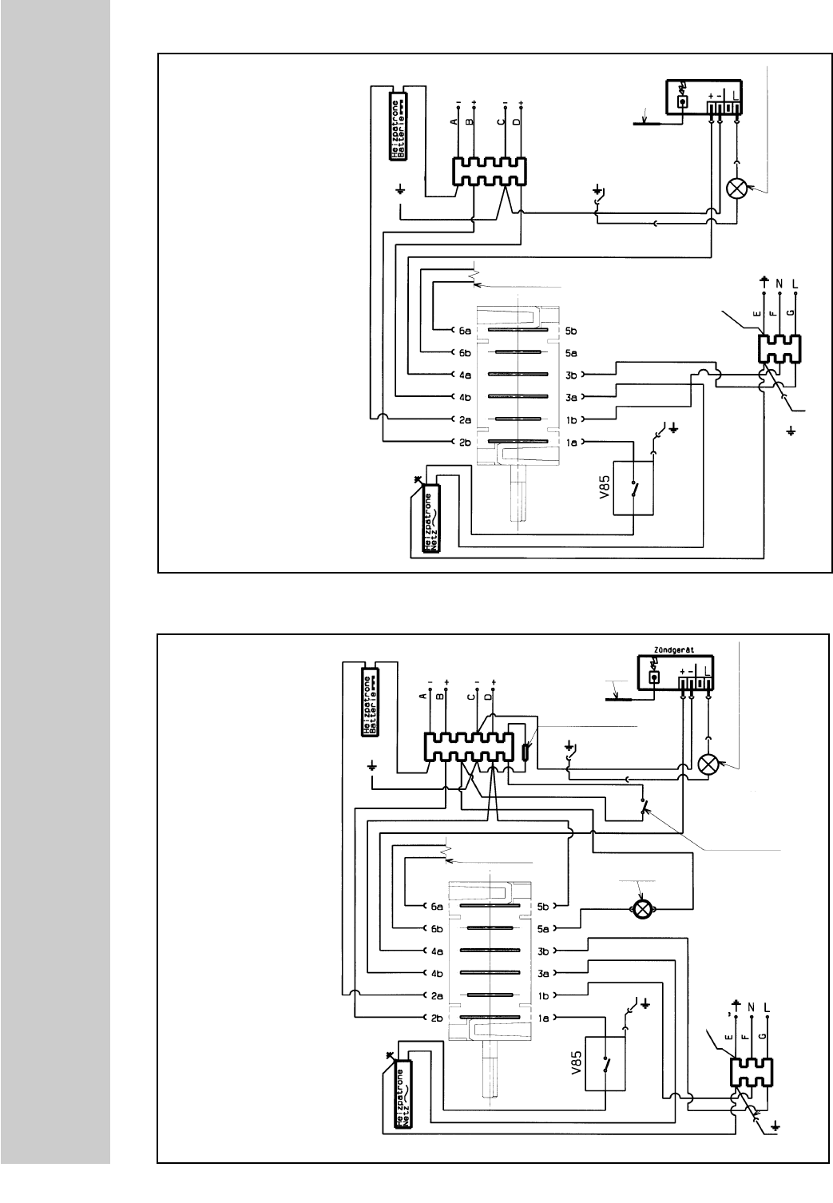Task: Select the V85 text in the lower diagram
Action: click(576, 1063)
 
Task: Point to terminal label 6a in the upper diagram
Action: click(464, 330)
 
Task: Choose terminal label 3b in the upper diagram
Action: click(571, 375)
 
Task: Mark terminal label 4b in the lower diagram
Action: click(438, 973)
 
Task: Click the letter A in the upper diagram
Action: click(453, 122)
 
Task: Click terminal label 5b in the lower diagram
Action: click(545, 907)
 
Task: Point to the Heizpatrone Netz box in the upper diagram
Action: click(430, 520)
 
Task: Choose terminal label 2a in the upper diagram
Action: click(464, 419)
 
